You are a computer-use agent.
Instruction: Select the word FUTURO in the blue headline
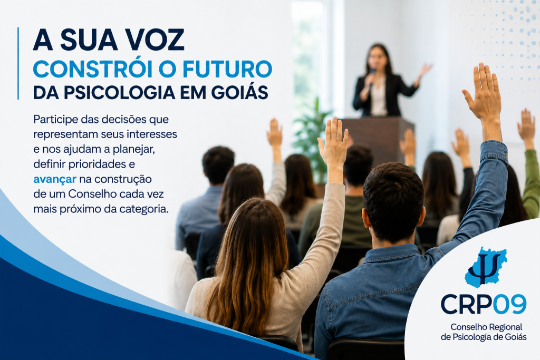pos(227,69)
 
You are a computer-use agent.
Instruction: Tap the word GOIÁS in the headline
pos(239,92)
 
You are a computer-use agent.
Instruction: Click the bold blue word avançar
pos(55,179)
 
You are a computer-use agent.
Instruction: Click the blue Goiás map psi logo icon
pos(485,267)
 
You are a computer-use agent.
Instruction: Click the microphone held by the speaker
pos(372,73)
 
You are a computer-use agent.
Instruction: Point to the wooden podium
pos(378,139)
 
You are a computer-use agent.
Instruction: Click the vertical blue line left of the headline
pos(18,63)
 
